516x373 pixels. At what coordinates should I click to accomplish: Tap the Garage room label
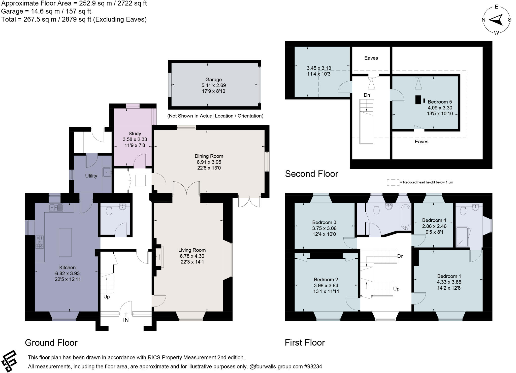(213, 80)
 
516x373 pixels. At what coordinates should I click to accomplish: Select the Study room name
(135, 133)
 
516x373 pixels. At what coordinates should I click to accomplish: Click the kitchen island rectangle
(65, 242)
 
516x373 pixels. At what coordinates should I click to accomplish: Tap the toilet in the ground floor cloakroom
(109, 211)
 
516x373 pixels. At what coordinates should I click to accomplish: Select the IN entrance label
(126, 320)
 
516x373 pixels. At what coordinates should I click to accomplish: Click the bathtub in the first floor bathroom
(406, 217)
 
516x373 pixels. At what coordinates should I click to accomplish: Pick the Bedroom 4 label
(434, 220)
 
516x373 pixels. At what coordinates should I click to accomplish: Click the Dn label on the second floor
(367, 95)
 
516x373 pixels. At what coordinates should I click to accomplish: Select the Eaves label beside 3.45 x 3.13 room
(371, 58)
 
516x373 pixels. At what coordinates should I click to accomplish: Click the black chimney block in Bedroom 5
(418, 100)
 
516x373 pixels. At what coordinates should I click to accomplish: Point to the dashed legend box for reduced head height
(393, 182)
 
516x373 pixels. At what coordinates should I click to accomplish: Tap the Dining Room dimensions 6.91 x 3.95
(209, 162)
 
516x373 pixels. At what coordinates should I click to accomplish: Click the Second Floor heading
(311, 174)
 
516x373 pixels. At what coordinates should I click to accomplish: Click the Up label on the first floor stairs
(396, 289)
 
